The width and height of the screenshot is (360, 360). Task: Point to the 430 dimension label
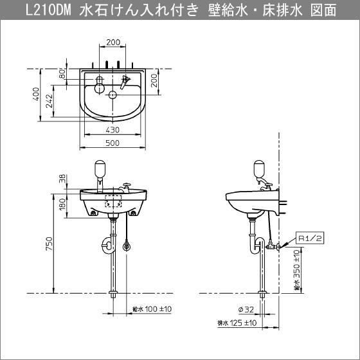[x=114, y=129]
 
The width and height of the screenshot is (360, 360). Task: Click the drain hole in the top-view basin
[x=113, y=95]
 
